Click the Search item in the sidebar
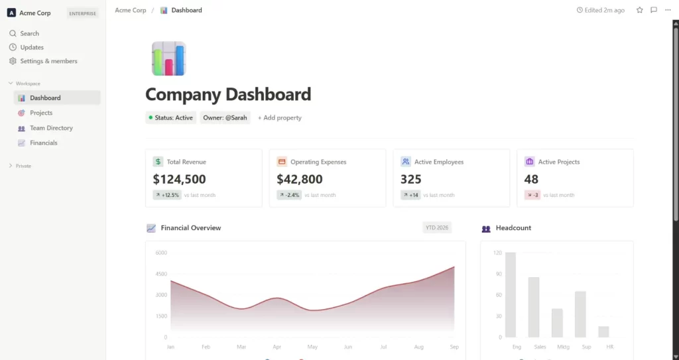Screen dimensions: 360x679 [x=29, y=33]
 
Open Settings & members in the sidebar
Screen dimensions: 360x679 [x=48, y=61]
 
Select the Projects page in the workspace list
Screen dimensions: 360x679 [x=41, y=113]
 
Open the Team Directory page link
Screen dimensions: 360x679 [x=51, y=128]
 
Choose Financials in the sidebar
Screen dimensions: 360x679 [x=44, y=143]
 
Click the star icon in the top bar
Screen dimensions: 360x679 [x=640, y=10]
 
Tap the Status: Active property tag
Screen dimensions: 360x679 [x=171, y=117]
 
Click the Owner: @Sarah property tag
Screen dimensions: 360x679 [x=225, y=117]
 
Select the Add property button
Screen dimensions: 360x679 [x=280, y=117]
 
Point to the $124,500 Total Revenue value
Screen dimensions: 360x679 [x=179, y=179]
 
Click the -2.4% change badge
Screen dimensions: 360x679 [x=290, y=195]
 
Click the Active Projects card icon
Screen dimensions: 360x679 [x=529, y=161]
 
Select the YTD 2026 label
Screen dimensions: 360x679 [x=437, y=227]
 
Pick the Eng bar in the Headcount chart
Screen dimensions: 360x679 [x=511, y=294]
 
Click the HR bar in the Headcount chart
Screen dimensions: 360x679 [x=603, y=331]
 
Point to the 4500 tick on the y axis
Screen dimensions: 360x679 [x=160, y=273]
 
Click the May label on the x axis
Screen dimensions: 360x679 [x=312, y=347]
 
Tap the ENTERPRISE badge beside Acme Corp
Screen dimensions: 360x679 [x=84, y=13]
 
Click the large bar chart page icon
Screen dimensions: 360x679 [x=168, y=58]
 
